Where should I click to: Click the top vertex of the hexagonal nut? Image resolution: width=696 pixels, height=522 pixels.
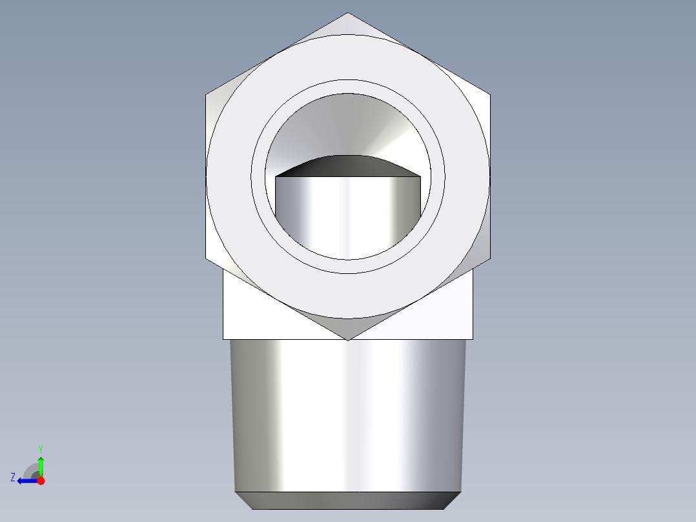point(347,14)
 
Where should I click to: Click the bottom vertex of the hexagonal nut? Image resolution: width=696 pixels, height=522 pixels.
point(347,339)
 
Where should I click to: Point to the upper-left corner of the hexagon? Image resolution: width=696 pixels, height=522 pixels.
point(207,96)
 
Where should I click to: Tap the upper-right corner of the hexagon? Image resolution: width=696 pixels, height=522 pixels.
point(489,96)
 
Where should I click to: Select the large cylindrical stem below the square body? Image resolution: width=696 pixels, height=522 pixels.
point(347,413)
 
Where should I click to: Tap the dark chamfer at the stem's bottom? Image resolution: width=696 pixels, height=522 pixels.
point(347,500)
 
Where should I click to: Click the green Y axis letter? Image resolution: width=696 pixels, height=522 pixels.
point(40,448)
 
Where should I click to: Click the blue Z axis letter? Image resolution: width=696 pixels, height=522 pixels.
point(13,477)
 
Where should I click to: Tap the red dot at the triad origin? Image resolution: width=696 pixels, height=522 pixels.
point(41,481)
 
